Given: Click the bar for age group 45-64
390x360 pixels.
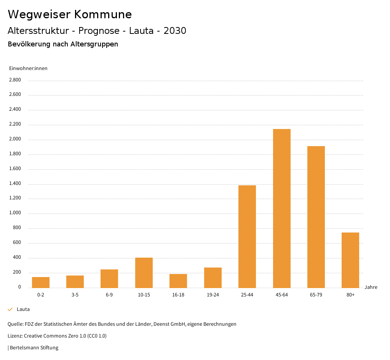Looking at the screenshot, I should [x=281, y=208].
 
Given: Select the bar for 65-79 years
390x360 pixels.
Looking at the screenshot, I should [x=316, y=217].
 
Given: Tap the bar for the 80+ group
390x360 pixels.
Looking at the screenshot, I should [x=350, y=260].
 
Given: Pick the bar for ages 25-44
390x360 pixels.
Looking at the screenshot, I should [x=247, y=236].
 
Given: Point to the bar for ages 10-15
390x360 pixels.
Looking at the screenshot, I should [x=144, y=272].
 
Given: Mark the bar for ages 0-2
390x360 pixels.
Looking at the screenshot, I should [x=41, y=282].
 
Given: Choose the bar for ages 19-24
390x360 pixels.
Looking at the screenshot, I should [x=213, y=277].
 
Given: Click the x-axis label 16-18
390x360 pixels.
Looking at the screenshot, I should [x=178, y=295].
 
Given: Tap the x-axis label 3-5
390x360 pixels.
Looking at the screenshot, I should [x=75, y=295].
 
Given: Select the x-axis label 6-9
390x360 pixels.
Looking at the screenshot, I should [x=109, y=295].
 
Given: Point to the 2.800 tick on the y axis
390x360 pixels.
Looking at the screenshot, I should [x=15, y=80].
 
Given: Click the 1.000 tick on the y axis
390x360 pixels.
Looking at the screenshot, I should [x=15, y=213].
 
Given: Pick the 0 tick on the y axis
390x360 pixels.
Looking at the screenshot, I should [x=19, y=287].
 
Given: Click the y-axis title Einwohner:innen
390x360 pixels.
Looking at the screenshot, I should [x=28, y=68].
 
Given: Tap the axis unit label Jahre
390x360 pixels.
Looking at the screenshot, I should [x=371, y=287].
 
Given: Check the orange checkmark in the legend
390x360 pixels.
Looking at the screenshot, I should [x=10, y=309].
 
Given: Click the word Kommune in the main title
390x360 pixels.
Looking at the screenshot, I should [x=103, y=14].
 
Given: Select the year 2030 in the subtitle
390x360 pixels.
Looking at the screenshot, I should [x=175, y=31].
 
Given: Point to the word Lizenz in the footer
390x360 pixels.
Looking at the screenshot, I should [x=15, y=336].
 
